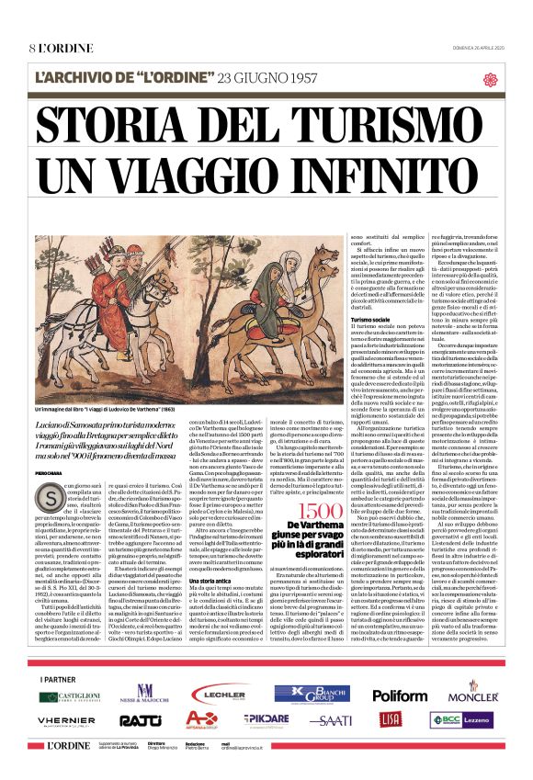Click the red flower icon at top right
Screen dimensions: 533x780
[490, 79]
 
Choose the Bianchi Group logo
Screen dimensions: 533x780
[311, 694]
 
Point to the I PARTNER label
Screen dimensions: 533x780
[56, 679]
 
